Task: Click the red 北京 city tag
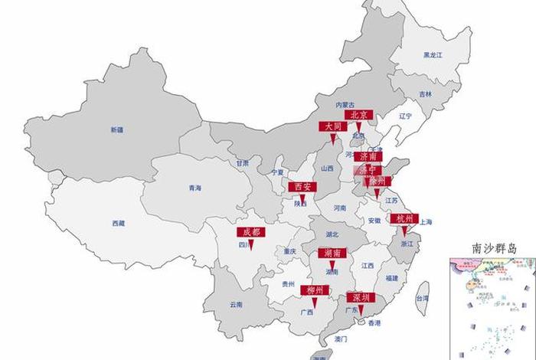point(358,115)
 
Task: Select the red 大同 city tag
point(332,126)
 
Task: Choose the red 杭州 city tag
point(404,218)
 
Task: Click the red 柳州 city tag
point(314,290)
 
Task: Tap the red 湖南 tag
point(332,253)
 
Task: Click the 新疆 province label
point(116,130)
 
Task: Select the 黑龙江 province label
point(433,55)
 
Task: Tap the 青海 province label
point(194,188)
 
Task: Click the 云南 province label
point(235,304)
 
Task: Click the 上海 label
point(426,222)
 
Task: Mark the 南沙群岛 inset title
point(493,248)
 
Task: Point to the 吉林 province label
point(425,94)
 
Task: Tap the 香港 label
point(373,323)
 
